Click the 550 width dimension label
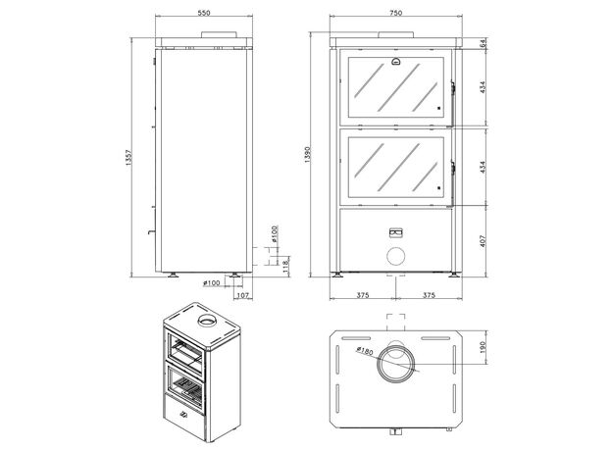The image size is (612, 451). click(204, 13)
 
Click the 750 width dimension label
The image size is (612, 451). click(395, 13)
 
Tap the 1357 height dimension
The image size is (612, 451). click(129, 157)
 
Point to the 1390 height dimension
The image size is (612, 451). click(307, 155)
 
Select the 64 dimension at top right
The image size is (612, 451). click(484, 43)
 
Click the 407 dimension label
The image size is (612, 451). click(483, 241)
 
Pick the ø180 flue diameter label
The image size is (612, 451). click(365, 351)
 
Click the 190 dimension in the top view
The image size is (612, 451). click(483, 347)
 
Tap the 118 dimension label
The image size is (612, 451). click(285, 266)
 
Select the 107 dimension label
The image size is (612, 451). click(243, 295)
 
